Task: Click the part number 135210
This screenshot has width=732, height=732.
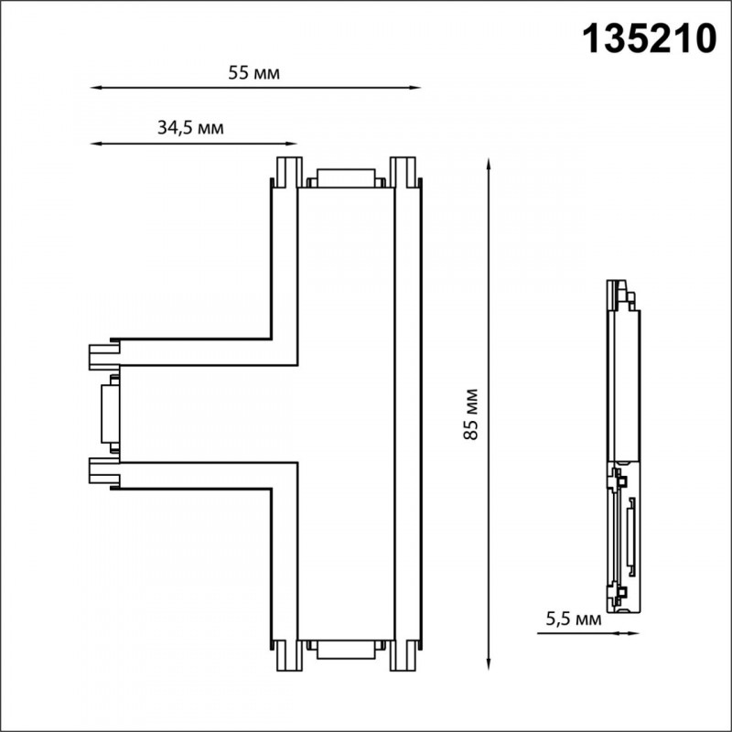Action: click(x=650, y=39)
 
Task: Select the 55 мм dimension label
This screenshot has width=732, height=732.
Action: click(x=254, y=73)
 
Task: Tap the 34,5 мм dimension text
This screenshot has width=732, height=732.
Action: click(x=190, y=127)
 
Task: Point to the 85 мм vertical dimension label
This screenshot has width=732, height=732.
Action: click(x=471, y=414)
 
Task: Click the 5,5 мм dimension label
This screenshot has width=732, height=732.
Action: click(x=574, y=619)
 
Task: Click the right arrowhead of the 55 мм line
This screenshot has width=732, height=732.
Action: click(x=415, y=87)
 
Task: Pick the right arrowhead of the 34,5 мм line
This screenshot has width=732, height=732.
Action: click(x=291, y=144)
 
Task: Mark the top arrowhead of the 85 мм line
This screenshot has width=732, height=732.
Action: click(x=489, y=165)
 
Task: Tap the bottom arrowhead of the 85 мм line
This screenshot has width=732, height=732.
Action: click(x=489, y=664)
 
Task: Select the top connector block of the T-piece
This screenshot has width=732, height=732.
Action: click(x=346, y=178)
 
